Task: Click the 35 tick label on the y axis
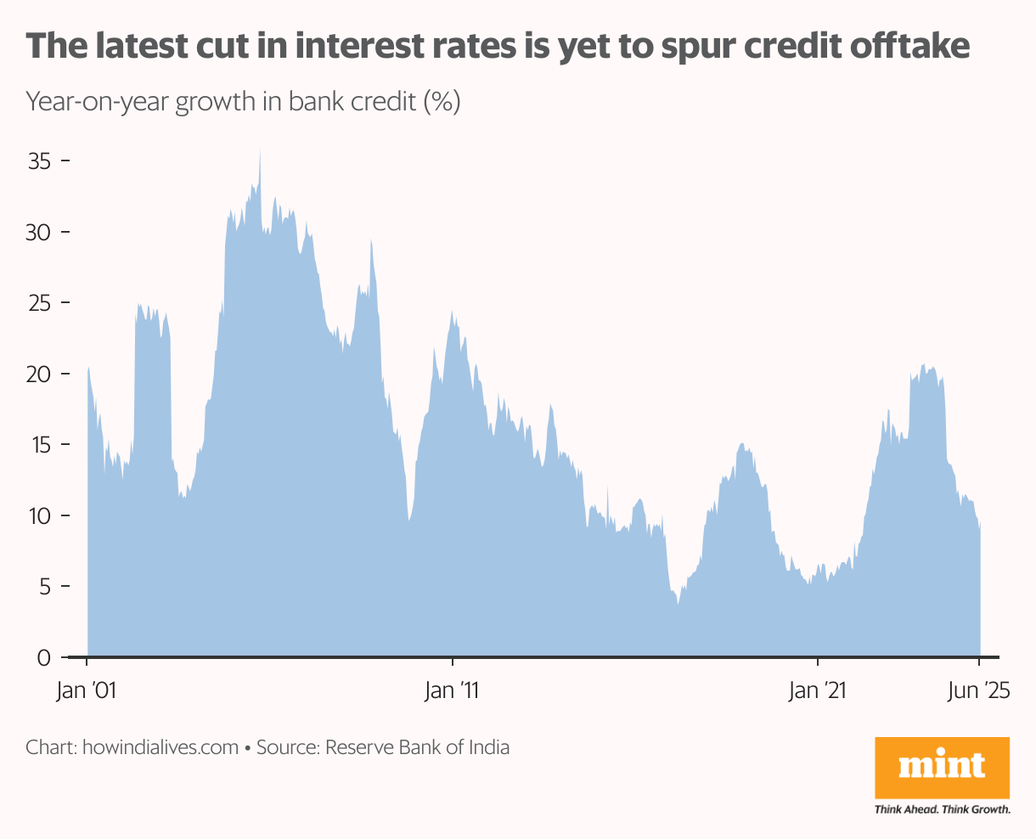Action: click(40, 161)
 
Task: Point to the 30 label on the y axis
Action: click(40, 233)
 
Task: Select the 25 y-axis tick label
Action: click(40, 303)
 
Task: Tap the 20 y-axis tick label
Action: click(40, 374)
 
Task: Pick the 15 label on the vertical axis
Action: click(40, 445)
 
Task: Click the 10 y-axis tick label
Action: click(40, 516)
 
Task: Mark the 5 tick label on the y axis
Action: click(45, 587)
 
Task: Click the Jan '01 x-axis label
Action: click(85, 691)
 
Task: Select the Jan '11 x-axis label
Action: click(452, 691)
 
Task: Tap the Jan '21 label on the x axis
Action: click(817, 691)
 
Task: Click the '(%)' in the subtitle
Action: click(442, 103)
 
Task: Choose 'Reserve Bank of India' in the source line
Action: click(418, 748)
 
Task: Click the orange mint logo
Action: click(942, 768)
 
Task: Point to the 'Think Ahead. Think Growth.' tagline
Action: click(942, 809)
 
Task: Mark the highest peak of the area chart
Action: click(260, 152)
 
